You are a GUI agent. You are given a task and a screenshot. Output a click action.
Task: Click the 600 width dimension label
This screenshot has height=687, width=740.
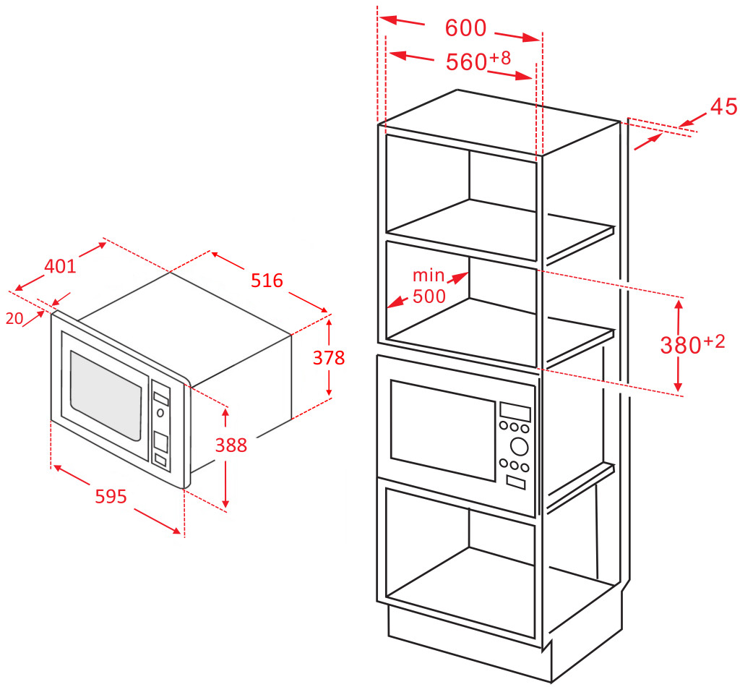(465, 28)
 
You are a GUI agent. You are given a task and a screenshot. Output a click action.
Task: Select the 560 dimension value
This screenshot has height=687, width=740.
(466, 62)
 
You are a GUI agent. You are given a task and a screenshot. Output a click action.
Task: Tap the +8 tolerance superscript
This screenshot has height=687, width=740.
(500, 58)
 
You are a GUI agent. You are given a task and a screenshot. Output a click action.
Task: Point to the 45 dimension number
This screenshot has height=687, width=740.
(723, 107)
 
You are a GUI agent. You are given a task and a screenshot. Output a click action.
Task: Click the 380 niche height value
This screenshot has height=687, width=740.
(681, 345)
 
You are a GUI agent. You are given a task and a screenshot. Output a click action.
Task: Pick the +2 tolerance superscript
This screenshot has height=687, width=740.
(714, 341)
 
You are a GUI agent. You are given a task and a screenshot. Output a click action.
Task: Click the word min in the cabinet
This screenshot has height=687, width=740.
(429, 275)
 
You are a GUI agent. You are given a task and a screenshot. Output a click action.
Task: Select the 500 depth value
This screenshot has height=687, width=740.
(429, 296)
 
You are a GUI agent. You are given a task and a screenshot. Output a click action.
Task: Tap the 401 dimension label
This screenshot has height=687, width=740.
(60, 267)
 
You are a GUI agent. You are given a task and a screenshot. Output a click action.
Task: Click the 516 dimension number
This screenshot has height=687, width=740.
(267, 281)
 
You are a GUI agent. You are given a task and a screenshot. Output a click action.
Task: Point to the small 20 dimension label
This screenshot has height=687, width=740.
(14, 319)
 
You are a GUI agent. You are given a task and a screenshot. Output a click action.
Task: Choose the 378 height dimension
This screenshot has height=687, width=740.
(329, 358)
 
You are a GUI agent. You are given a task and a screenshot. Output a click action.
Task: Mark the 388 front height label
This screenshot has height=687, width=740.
(231, 445)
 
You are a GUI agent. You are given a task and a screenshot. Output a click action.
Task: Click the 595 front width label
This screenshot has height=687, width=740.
(111, 497)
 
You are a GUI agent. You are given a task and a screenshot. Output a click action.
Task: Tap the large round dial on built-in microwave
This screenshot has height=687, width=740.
(519, 446)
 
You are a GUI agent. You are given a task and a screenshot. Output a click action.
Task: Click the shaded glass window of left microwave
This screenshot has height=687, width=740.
(106, 396)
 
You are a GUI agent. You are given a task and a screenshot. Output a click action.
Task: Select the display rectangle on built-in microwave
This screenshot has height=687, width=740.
(515, 412)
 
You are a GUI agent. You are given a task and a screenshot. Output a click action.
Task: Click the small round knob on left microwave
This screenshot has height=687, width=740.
(160, 413)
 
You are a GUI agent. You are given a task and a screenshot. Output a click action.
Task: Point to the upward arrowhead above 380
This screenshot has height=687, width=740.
(679, 305)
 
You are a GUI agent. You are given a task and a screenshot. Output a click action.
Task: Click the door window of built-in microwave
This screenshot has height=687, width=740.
(443, 430)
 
